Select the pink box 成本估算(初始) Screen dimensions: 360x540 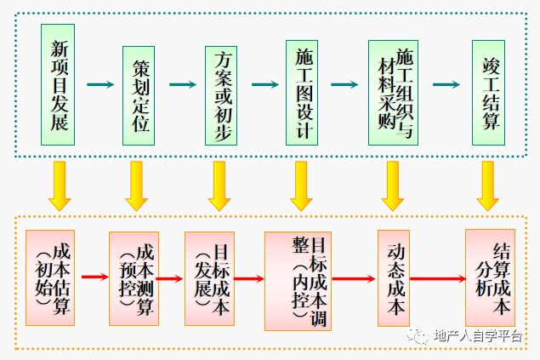(50, 277)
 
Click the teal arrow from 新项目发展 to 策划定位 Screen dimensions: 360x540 (99, 84)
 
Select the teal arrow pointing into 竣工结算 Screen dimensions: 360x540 (446, 84)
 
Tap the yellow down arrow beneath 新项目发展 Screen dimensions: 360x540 (59, 186)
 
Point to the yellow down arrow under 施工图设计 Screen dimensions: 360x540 (302, 186)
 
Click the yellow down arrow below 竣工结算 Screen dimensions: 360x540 (488, 186)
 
